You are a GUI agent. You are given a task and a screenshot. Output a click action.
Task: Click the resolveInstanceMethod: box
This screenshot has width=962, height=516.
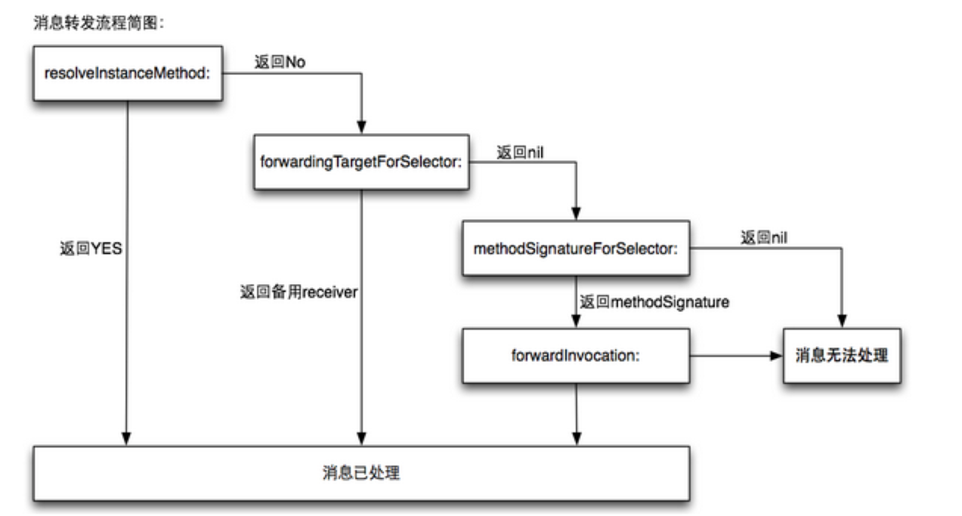[x=127, y=73]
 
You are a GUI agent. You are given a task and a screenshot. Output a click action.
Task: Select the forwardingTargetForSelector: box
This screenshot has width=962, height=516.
[x=361, y=162]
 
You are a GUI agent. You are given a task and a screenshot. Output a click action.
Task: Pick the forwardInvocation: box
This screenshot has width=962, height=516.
[x=576, y=354]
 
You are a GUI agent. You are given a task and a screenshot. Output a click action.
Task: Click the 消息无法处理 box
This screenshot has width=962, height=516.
[x=841, y=354]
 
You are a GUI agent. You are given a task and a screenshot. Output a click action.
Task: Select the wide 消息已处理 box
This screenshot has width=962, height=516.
[x=361, y=474]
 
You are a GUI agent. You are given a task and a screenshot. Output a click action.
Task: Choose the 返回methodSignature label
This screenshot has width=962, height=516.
[x=654, y=302]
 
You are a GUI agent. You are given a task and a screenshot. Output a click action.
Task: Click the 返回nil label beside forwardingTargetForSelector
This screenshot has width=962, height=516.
[x=521, y=152]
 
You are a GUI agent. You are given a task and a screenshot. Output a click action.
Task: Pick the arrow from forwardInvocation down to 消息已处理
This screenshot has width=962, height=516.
[x=577, y=412]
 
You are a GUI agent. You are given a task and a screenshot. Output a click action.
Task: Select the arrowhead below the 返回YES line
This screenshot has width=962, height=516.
[x=127, y=438]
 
